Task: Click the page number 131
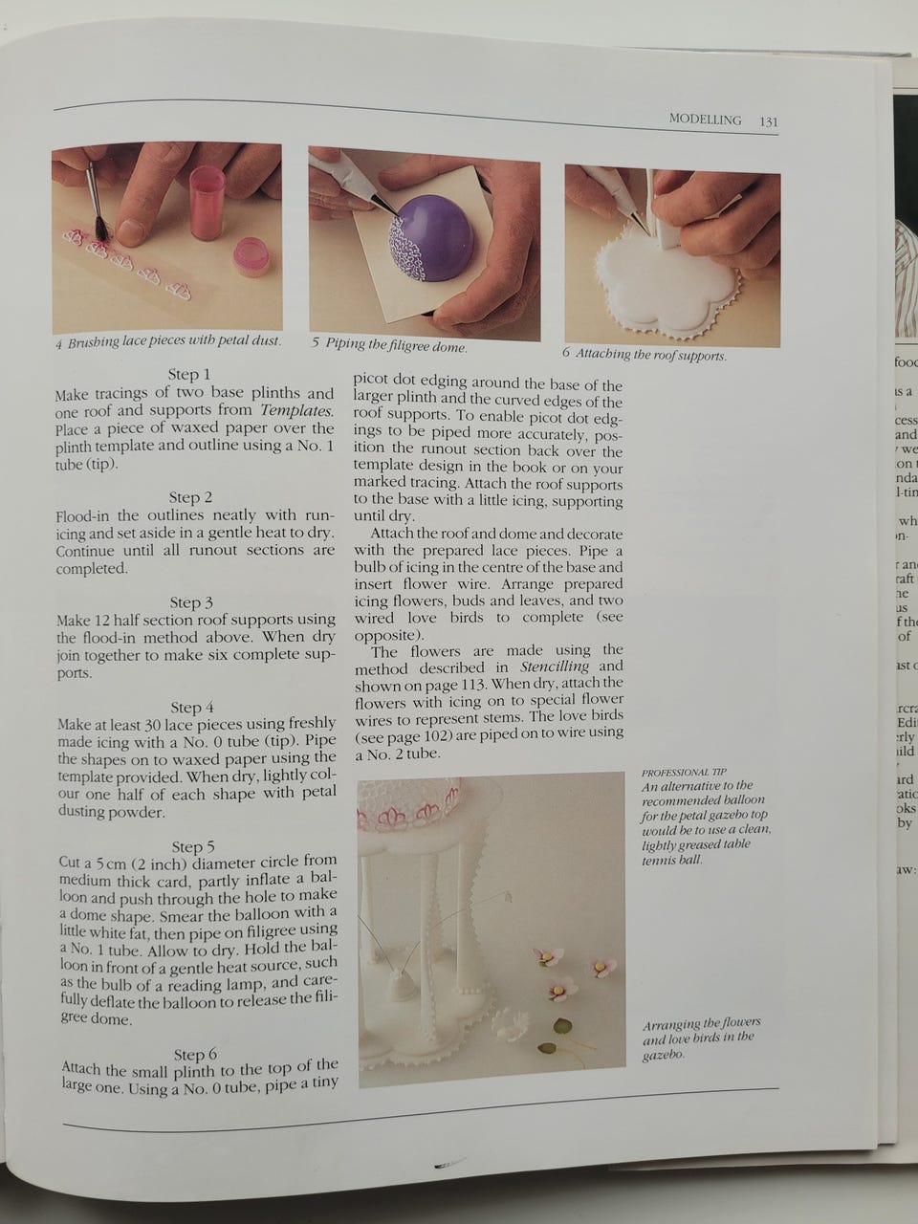pyautogui.click(x=769, y=122)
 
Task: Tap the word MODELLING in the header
pyautogui.click(x=705, y=120)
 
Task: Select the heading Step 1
pyautogui.click(x=189, y=374)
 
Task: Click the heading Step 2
pyautogui.click(x=190, y=497)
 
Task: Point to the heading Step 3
pyautogui.click(x=191, y=602)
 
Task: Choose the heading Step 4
pyautogui.click(x=192, y=707)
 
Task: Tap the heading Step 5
pyautogui.click(x=193, y=846)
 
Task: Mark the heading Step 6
pyautogui.click(x=195, y=1055)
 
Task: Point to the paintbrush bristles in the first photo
pyautogui.click(x=101, y=229)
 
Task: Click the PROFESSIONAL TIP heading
pyautogui.click(x=684, y=773)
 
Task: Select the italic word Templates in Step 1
pyautogui.click(x=297, y=410)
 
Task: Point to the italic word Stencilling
pyautogui.click(x=554, y=667)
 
